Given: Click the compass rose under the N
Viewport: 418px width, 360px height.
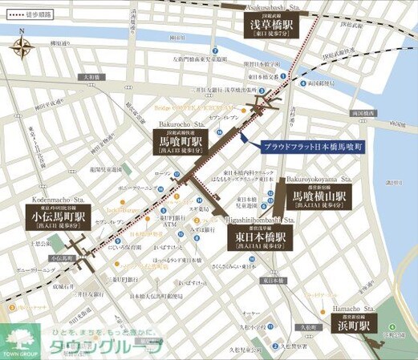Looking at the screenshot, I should coord(22,51).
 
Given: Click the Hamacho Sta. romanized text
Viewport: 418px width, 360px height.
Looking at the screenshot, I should coord(356,308).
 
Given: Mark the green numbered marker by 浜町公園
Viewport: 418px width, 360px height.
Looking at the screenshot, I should coord(390,327).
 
